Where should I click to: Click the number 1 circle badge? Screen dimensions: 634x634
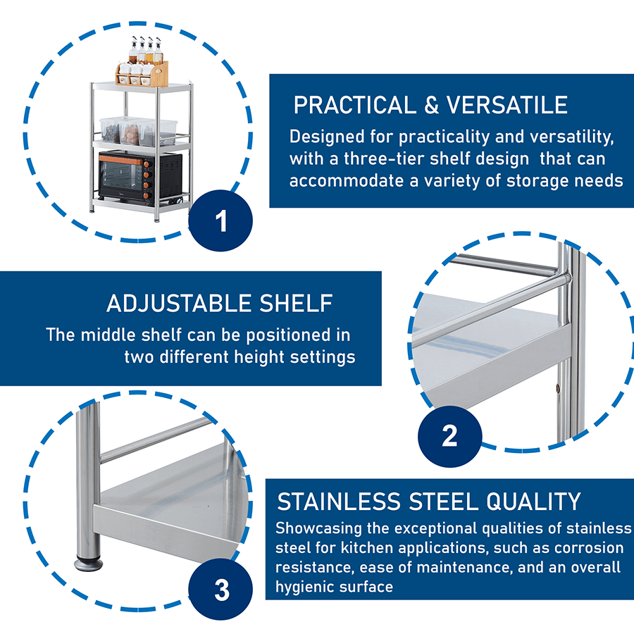pos(221,221)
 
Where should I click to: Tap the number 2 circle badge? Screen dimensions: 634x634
pos(449,436)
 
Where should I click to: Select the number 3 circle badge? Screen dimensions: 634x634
pos(221,589)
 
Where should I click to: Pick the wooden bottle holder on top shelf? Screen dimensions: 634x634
pos(142,73)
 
